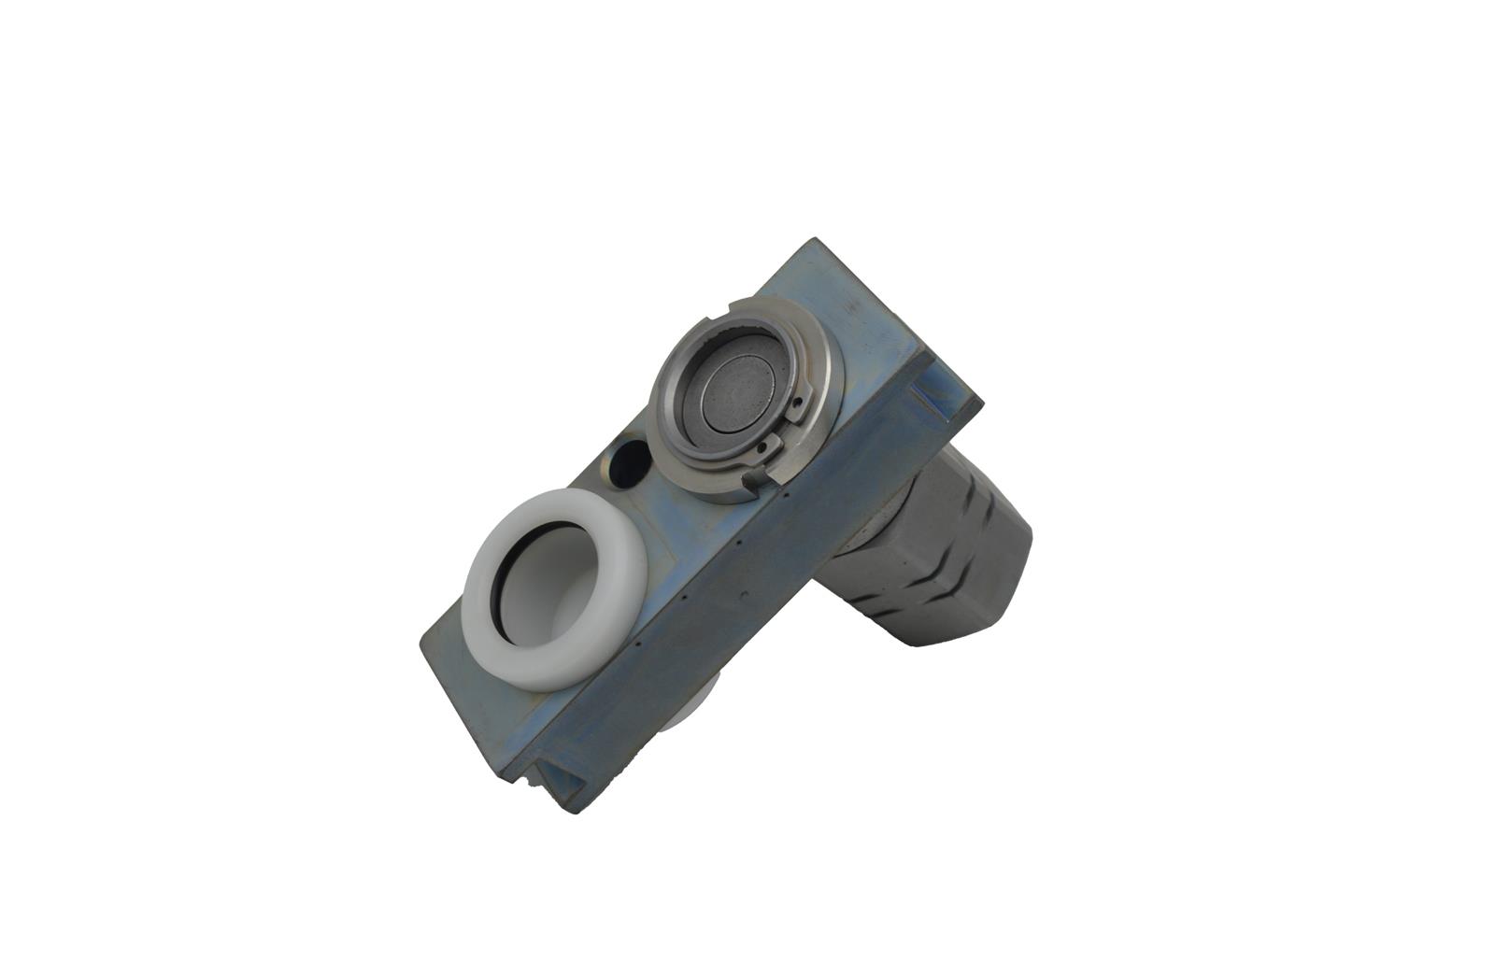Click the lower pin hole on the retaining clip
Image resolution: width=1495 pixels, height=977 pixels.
click(x=766, y=448)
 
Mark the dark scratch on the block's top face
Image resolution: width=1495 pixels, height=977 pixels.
click(x=850, y=305)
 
